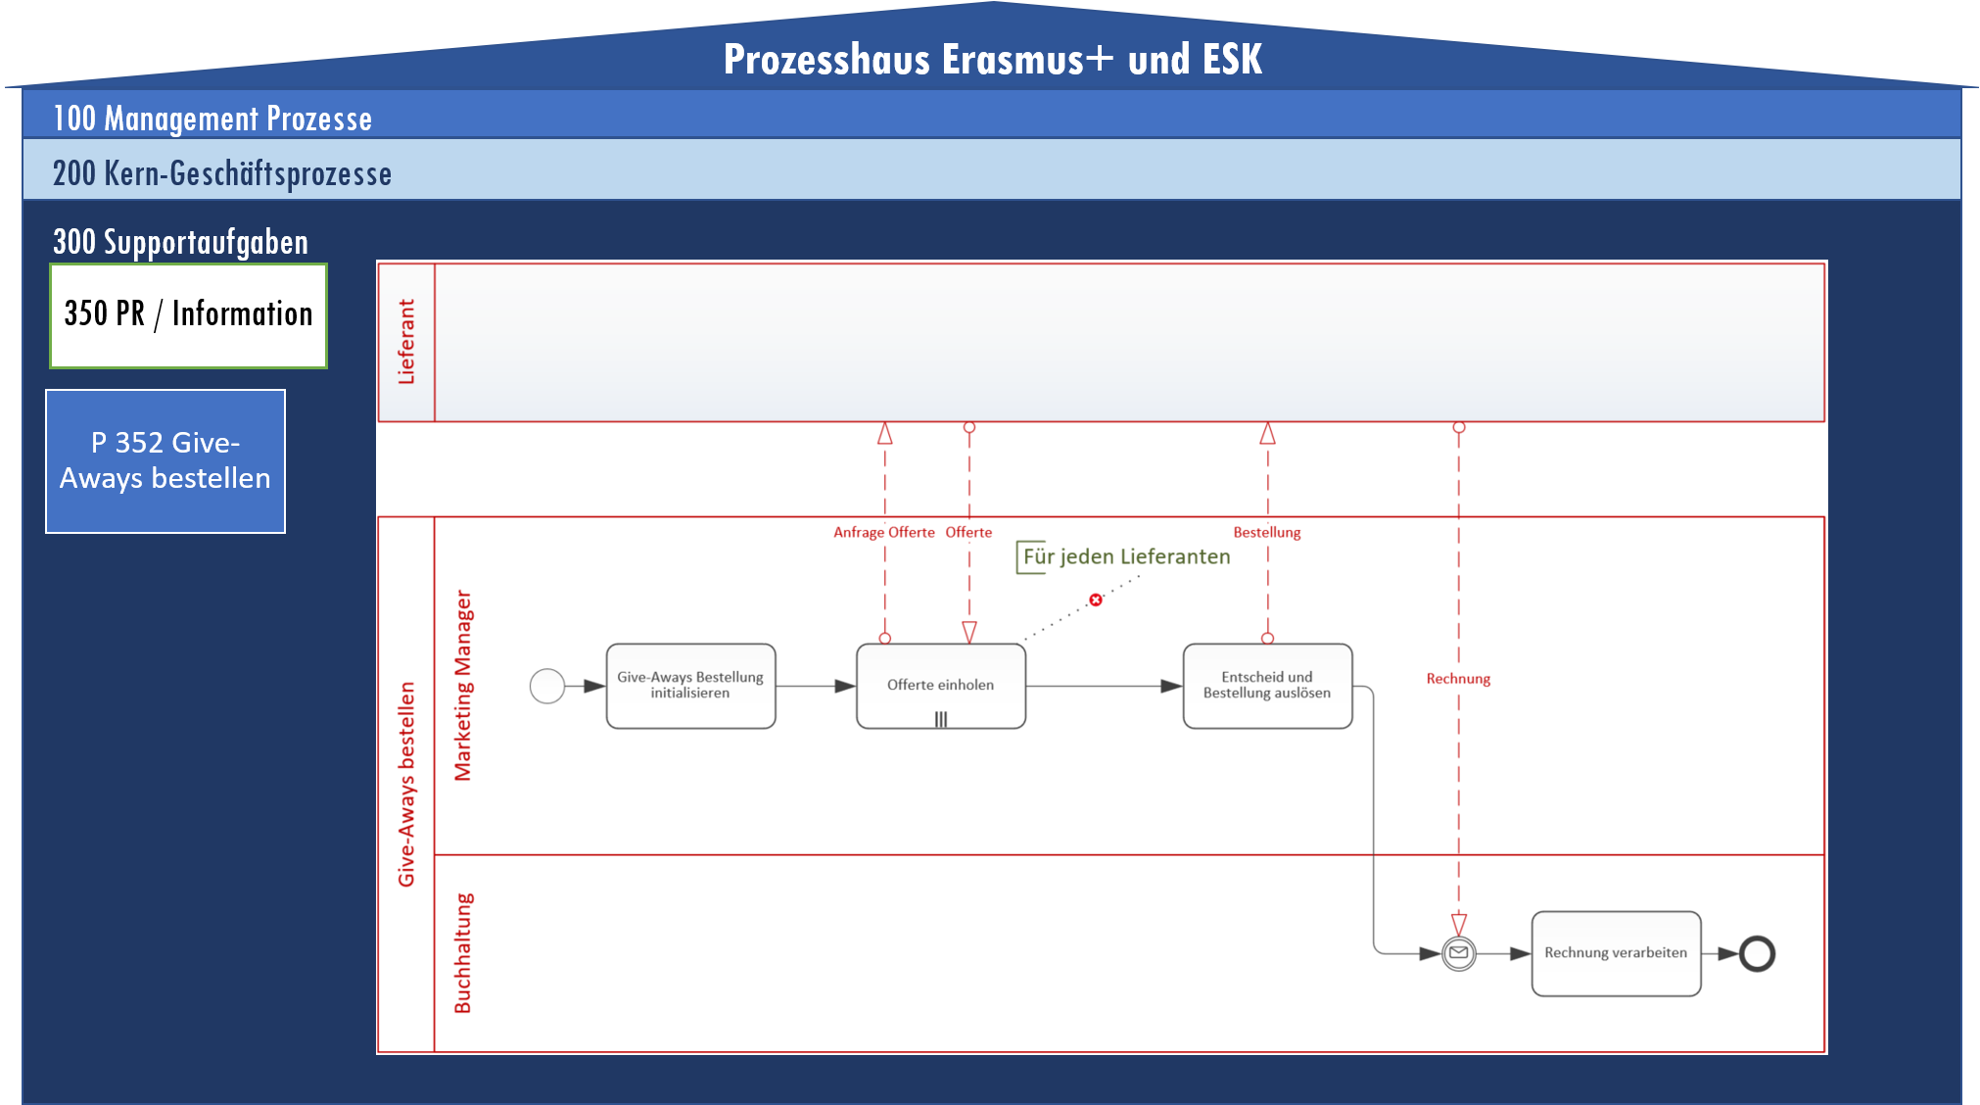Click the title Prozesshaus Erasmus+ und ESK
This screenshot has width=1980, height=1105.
(x=992, y=60)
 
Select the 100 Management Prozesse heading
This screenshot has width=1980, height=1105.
(x=212, y=119)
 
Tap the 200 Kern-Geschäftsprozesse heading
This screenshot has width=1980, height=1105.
(x=222, y=173)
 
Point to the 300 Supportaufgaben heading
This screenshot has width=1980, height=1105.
(x=180, y=242)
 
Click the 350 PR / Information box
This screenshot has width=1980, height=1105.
(x=188, y=314)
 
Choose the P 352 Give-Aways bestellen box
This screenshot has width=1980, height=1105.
(x=165, y=461)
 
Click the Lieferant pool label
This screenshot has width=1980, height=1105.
(x=406, y=342)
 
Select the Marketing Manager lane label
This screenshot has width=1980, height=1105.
(x=462, y=686)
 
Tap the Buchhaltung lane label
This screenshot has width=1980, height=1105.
(x=462, y=953)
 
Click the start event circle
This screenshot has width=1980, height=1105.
(x=547, y=686)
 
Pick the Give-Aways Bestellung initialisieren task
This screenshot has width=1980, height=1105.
(x=690, y=686)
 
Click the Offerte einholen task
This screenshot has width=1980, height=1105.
(x=940, y=686)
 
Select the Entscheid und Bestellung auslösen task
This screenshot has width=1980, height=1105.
(x=1267, y=686)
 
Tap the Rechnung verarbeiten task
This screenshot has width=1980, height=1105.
(x=1616, y=953)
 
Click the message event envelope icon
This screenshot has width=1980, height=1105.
(x=1459, y=953)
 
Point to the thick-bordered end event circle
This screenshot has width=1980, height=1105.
(x=1758, y=953)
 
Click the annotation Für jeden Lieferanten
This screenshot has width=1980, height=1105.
(x=1126, y=556)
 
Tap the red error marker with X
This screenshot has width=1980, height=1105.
(x=1096, y=600)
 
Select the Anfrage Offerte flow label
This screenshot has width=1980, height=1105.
(x=884, y=532)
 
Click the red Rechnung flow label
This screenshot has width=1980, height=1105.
(x=1458, y=679)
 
